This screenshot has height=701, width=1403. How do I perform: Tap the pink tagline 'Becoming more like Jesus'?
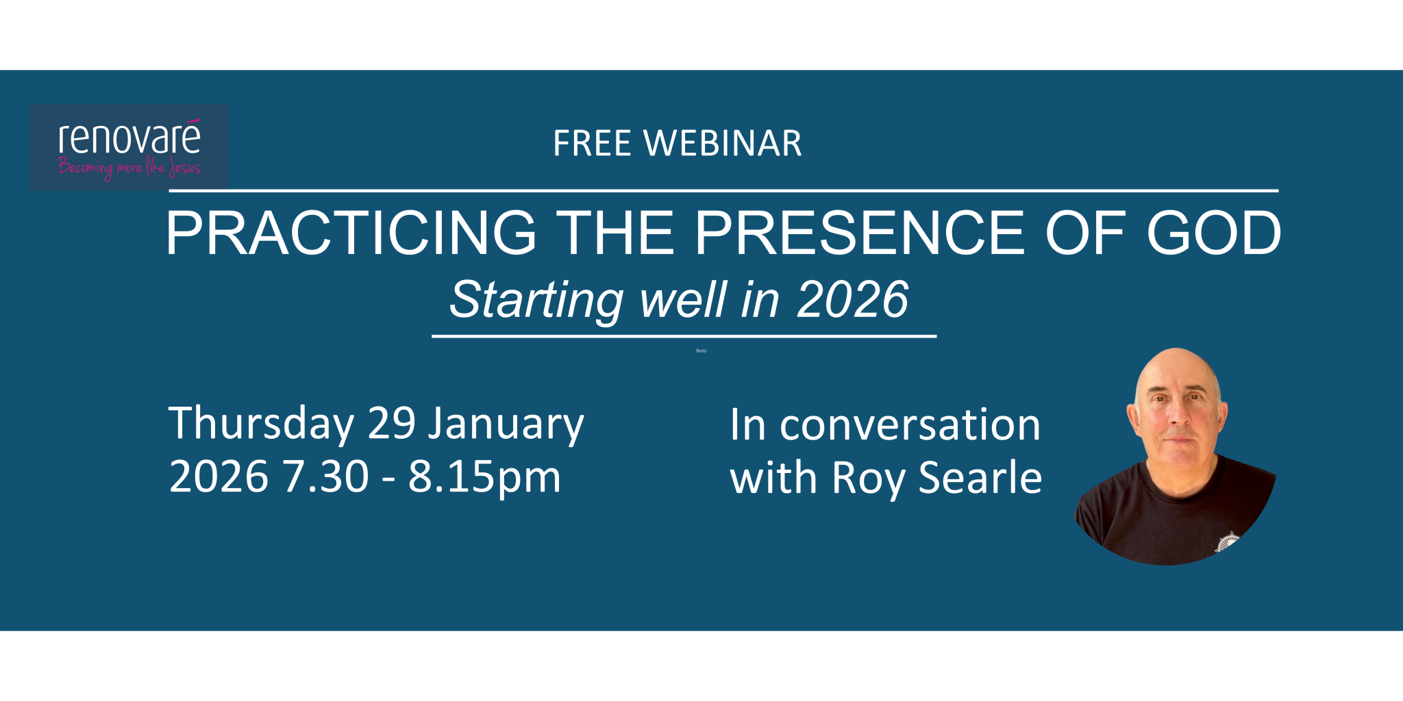(x=129, y=168)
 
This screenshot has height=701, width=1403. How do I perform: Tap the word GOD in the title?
(x=1213, y=233)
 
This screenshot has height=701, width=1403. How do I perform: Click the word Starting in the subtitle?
(x=536, y=301)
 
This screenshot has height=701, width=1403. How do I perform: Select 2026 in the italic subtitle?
(x=852, y=301)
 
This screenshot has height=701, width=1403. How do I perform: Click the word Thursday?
(x=261, y=424)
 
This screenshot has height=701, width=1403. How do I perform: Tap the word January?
(x=506, y=424)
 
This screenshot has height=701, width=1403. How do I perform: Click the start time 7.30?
(x=326, y=476)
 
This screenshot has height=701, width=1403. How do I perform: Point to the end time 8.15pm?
(x=484, y=478)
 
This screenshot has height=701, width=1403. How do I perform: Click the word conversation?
(x=910, y=425)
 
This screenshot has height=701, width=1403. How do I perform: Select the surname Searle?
(x=980, y=477)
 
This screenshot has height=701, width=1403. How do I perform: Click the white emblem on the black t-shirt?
(x=1227, y=541)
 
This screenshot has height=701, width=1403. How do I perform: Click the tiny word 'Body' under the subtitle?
(x=701, y=350)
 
